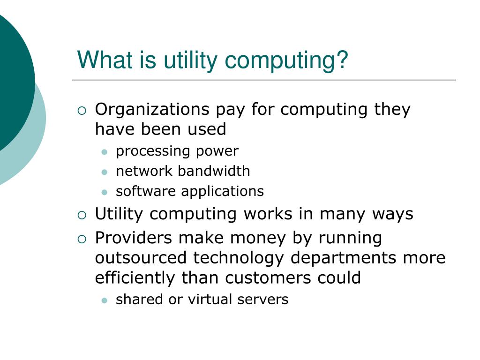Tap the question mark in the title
(x=343, y=61)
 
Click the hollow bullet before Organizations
(x=82, y=111)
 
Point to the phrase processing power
(x=177, y=151)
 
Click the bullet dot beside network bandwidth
(x=105, y=172)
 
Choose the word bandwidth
(x=214, y=171)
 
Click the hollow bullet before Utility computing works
(x=82, y=216)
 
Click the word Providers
(x=134, y=238)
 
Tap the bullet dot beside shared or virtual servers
(x=105, y=300)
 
